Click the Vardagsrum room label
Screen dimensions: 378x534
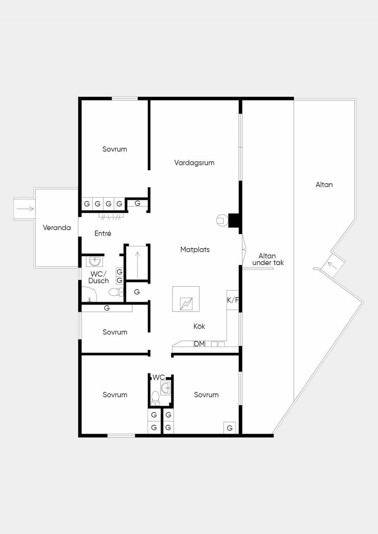click(x=194, y=163)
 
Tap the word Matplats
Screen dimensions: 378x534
click(x=195, y=250)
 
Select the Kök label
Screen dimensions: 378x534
click(x=199, y=326)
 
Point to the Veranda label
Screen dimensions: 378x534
click(x=57, y=228)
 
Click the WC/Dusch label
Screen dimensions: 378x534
click(x=99, y=277)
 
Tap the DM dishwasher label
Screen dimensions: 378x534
click(x=199, y=344)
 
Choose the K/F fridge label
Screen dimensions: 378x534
click(x=233, y=300)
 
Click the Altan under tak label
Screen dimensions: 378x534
click(x=268, y=259)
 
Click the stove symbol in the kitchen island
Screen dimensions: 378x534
click(x=186, y=304)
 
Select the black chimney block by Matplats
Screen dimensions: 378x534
click(x=234, y=220)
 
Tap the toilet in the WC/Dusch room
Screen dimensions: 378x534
click(x=116, y=292)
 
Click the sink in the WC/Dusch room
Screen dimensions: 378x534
click(x=94, y=261)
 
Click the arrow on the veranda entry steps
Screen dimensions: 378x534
click(x=25, y=209)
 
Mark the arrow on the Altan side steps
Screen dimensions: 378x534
click(x=332, y=265)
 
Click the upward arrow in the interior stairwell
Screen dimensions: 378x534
click(x=137, y=265)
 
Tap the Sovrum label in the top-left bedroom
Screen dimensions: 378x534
click(x=114, y=149)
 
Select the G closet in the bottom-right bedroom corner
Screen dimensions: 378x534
click(x=230, y=428)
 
